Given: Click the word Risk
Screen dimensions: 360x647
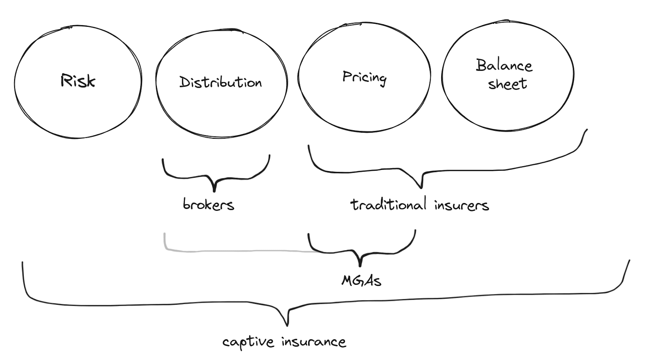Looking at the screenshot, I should point(78,81).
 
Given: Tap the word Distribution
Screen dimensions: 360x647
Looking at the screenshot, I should point(220,82).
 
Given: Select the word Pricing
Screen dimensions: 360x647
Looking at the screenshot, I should point(364,77).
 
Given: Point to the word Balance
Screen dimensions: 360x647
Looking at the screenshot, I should point(504,66).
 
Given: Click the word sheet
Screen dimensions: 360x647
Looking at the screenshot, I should point(507,84).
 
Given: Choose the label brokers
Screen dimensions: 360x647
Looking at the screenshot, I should point(208,204).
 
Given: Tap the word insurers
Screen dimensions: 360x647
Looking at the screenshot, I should point(461,205).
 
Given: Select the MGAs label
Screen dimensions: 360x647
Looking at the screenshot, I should point(361,280).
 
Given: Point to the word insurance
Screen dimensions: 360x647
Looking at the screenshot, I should point(314,342).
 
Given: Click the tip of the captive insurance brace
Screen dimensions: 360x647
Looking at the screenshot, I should point(287,325).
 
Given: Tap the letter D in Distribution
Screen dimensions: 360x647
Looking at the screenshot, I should point(184,82).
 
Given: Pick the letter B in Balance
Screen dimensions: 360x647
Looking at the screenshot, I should point(481,65).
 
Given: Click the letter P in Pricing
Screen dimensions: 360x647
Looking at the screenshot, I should point(347,76).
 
